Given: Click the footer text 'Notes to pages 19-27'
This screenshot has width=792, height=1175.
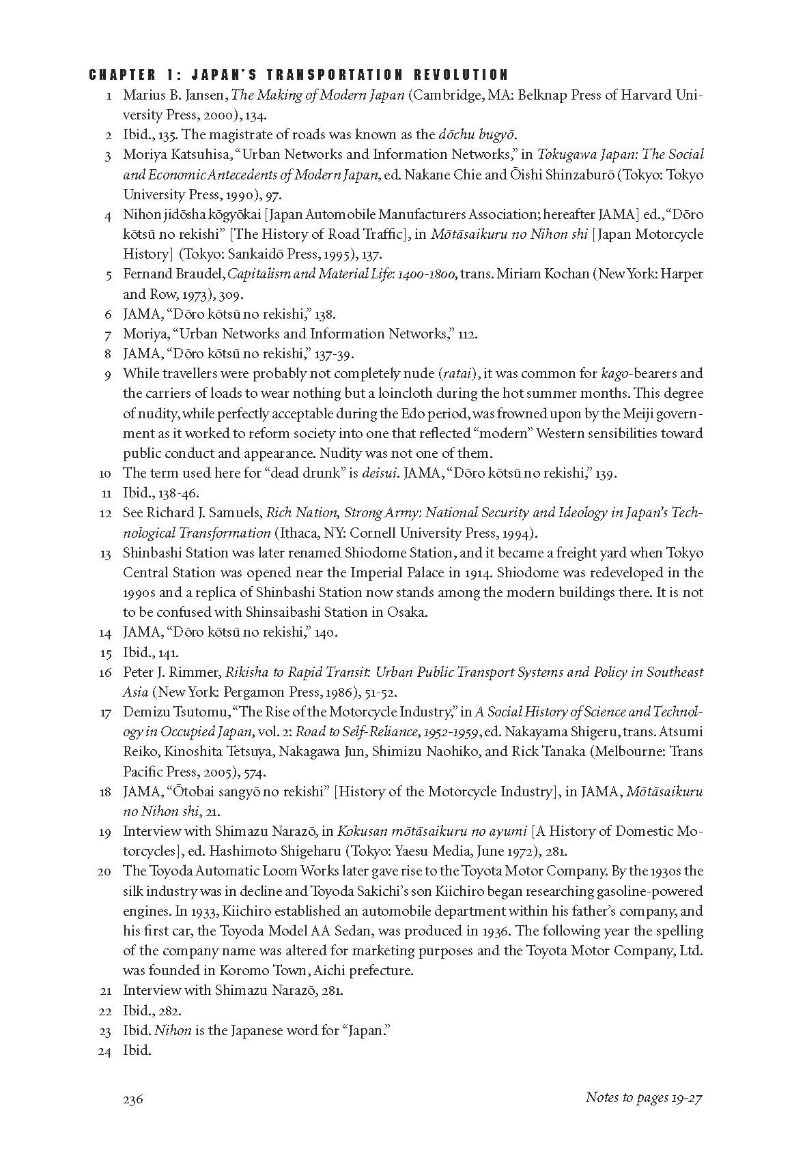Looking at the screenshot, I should [x=644, y=1097].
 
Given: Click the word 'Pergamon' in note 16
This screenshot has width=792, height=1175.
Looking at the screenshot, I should [x=246, y=692].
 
